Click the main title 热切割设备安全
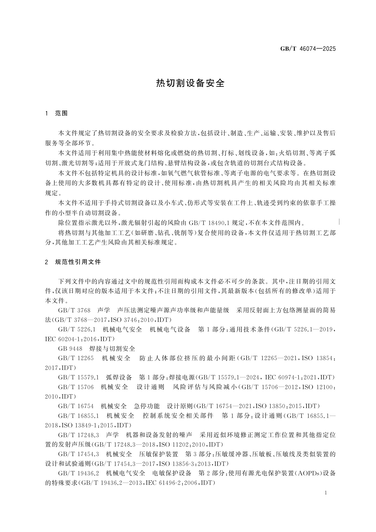190,83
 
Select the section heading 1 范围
57,113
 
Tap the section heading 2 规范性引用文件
73,262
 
